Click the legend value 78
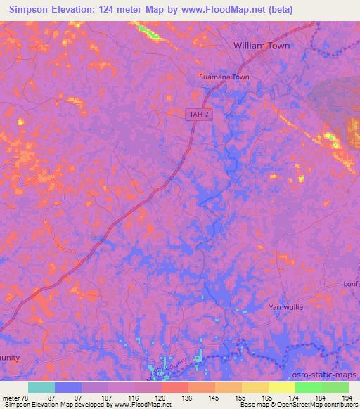27,398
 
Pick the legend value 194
347,398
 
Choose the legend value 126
161,398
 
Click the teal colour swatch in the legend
41,387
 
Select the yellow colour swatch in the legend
281,387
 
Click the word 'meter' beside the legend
11,398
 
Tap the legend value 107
108,398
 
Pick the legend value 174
295,398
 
